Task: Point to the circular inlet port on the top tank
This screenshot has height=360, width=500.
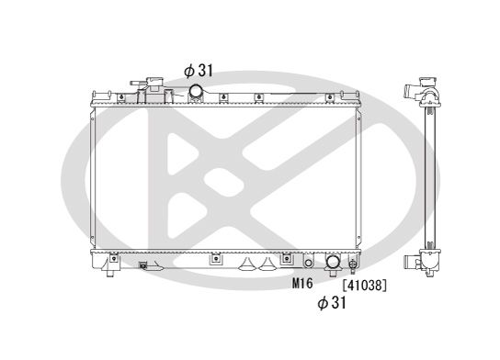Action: pyautogui.click(x=198, y=91)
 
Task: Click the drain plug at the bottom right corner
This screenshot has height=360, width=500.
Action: pyautogui.click(x=353, y=265)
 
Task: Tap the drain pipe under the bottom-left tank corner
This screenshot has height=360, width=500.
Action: pyautogui.click(x=108, y=271)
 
